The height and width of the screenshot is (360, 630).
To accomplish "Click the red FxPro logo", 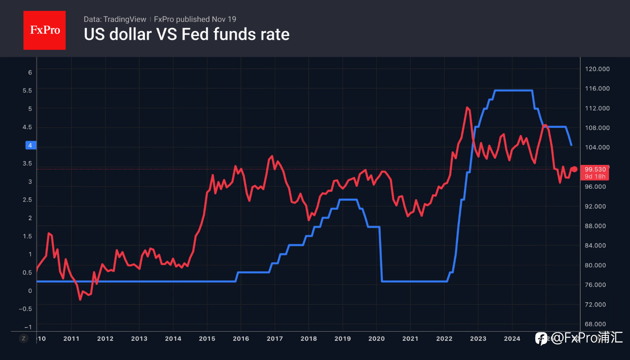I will (x=44, y=30).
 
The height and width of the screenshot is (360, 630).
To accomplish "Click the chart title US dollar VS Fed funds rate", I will (x=187, y=34).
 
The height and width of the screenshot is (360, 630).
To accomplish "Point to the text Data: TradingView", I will (x=115, y=19).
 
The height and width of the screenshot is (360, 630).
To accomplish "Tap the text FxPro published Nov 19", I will (x=195, y=19).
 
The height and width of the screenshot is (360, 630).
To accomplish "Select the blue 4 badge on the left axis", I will (x=30, y=145).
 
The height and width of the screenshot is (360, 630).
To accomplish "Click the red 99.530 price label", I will (x=594, y=169).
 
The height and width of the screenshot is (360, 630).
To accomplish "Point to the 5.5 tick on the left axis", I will (x=30, y=90).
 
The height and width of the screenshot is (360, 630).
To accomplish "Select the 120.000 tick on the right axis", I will (x=598, y=69).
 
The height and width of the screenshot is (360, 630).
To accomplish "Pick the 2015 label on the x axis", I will (x=207, y=339).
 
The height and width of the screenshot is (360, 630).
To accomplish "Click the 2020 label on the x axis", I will (x=376, y=339).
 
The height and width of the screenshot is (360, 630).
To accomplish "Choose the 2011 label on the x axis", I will (x=71, y=339).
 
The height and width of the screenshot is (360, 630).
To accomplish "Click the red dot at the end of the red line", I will (x=574, y=169).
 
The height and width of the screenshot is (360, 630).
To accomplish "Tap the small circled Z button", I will (x=24, y=339).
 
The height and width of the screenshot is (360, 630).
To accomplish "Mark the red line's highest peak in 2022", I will (x=467, y=108).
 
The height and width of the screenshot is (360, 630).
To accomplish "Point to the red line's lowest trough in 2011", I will (x=80, y=299).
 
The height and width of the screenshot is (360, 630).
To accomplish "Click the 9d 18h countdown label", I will (x=594, y=176).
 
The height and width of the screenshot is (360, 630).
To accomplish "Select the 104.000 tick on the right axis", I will (x=598, y=147).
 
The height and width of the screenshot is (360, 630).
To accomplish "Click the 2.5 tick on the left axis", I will (x=30, y=200).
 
